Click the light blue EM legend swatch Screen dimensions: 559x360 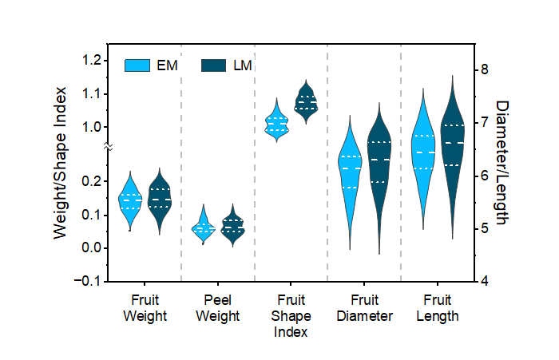pos(137,65)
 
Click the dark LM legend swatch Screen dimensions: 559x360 pos(213,65)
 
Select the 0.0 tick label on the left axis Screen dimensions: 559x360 pos(92,247)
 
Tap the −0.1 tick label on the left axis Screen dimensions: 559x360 pos(88,281)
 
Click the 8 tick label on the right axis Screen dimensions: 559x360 pos(484,69)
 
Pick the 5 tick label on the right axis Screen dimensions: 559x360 pos(484,228)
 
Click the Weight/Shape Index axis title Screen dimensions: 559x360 pos(60,163)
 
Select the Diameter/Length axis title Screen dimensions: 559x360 pos(502,163)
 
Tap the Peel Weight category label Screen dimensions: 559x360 pos(217,308)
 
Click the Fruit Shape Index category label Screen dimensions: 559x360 pos(291,316)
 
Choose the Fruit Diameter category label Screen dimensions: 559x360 pos(364,308)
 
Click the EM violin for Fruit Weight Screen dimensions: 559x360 pos(130,200)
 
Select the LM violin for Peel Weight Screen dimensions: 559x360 pos(233,226)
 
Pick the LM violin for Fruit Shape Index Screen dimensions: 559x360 pos(306,102)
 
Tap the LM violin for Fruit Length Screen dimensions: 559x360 pos(453,156)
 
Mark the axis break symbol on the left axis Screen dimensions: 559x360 pos(109,146)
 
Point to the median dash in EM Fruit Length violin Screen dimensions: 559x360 pos(426,152)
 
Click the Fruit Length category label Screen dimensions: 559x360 pos(438,308)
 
